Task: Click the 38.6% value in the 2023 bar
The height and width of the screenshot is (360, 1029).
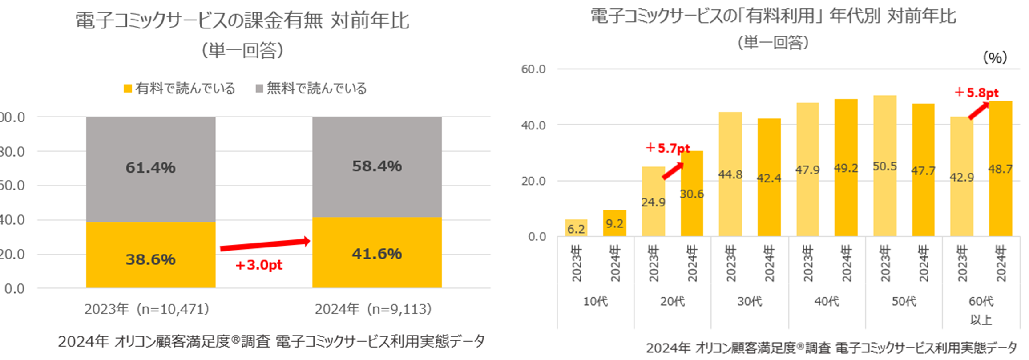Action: pos(150,259)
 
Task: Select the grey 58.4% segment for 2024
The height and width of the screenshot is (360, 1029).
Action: pos(377,166)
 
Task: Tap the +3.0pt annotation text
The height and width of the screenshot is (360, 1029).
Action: pos(258,265)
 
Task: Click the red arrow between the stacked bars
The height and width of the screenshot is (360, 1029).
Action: pos(265,244)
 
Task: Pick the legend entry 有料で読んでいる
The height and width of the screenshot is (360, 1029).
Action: pos(179,88)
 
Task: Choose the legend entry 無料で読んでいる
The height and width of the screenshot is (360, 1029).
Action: pos(311,88)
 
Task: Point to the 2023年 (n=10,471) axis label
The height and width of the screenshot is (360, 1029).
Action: pos(147,309)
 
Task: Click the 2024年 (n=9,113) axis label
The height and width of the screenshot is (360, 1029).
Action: pos(373,309)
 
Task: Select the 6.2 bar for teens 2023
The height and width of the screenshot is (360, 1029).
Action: pos(576,228)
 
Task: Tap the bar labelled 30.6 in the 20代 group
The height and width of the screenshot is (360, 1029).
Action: pos(692,194)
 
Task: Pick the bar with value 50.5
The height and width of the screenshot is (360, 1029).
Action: pos(885,166)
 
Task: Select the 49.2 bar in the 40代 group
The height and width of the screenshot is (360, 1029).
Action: pos(846,168)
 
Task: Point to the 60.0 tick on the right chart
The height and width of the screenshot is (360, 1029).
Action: pos(533,69)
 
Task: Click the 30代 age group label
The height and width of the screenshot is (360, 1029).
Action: pos(750,302)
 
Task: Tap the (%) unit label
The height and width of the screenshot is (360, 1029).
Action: pos(994,57)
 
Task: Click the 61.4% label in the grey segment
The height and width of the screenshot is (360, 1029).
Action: pos(150,168)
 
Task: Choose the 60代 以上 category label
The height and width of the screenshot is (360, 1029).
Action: pos(981,310)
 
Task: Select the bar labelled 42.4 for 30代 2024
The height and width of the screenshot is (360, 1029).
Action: pos(769,178)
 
